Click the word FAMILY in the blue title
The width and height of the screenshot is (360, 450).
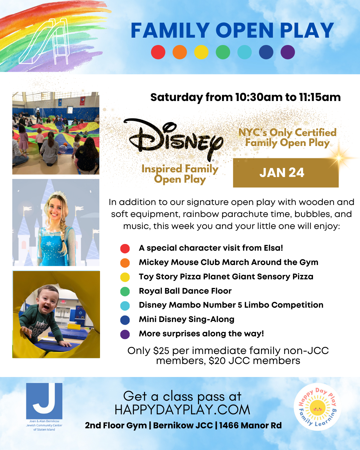[x=170, y=31]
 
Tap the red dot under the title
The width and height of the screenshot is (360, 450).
[x=158, y=52]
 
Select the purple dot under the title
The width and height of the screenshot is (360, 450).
[x=288, y=52]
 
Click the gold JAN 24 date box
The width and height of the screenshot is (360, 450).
[x=286, y=173]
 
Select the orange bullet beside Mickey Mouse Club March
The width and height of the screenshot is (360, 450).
[x=125, y=263]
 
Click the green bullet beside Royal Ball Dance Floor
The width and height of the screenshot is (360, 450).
[x=125, y=291]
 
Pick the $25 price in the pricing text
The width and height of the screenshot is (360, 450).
[x=161, y=351]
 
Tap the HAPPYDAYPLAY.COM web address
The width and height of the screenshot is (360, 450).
[x=182, y=410]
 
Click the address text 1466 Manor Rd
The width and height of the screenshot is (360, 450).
[x=250, y=426]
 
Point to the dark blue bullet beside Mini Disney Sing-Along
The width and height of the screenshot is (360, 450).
[x=125, y=320]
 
